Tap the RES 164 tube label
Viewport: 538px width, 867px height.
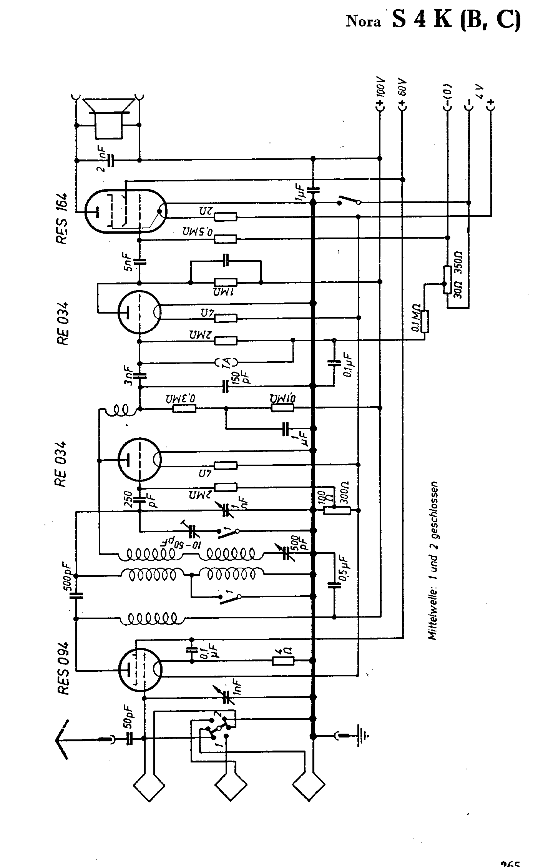point(61,218)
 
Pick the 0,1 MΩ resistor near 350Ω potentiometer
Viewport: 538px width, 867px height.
point(425,321)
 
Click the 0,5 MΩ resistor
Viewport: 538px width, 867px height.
point(226,239)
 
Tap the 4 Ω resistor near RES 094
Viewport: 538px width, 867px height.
point(283,661)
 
